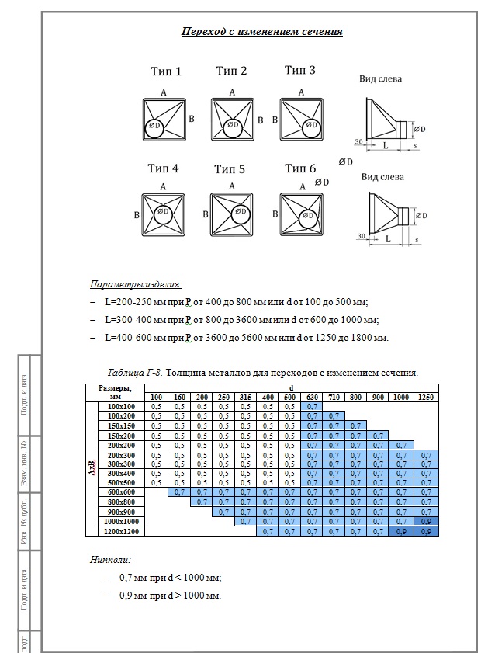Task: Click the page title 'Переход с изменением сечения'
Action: [261, 32]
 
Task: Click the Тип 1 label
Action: [165, 71]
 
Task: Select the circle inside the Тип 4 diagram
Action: [163, 215]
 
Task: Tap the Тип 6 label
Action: [300, 168]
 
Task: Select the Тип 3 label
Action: [299, 71]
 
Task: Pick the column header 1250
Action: [426, 397]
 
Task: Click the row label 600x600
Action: [122, 491]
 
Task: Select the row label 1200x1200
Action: [122, 531]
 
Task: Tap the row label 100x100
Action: [122, 406]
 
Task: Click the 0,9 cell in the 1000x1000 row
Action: [426, 521]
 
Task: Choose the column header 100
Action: [156, 397]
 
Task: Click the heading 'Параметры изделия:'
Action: [136, 283]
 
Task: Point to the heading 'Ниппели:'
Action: [111, 559]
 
